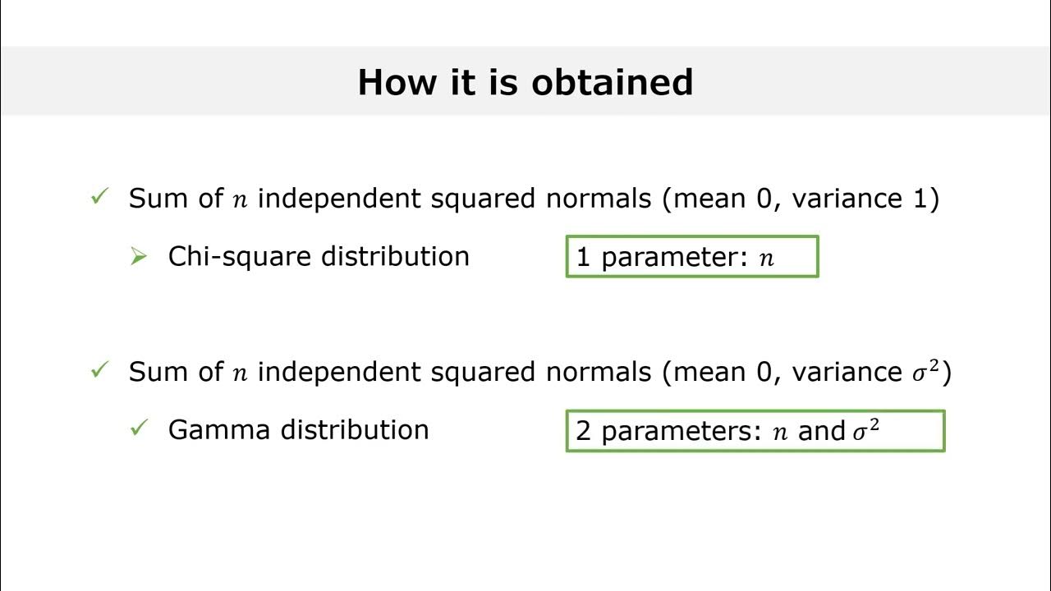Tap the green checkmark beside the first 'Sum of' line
(x=99, y=198)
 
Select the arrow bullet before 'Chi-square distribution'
(x=139, y=257)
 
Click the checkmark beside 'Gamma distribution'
(x=139, y=428)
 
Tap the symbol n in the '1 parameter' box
(x=766, y=259)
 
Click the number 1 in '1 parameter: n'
(x=583, y=257)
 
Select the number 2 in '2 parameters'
(x=583, y=431)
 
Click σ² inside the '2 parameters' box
(x=865, y=430)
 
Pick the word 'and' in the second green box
(x=822, y=431)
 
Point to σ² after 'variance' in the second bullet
(x=927, y=371)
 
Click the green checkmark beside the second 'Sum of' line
(x=99, y=371)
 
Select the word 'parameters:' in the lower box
(x=682, y=432)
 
